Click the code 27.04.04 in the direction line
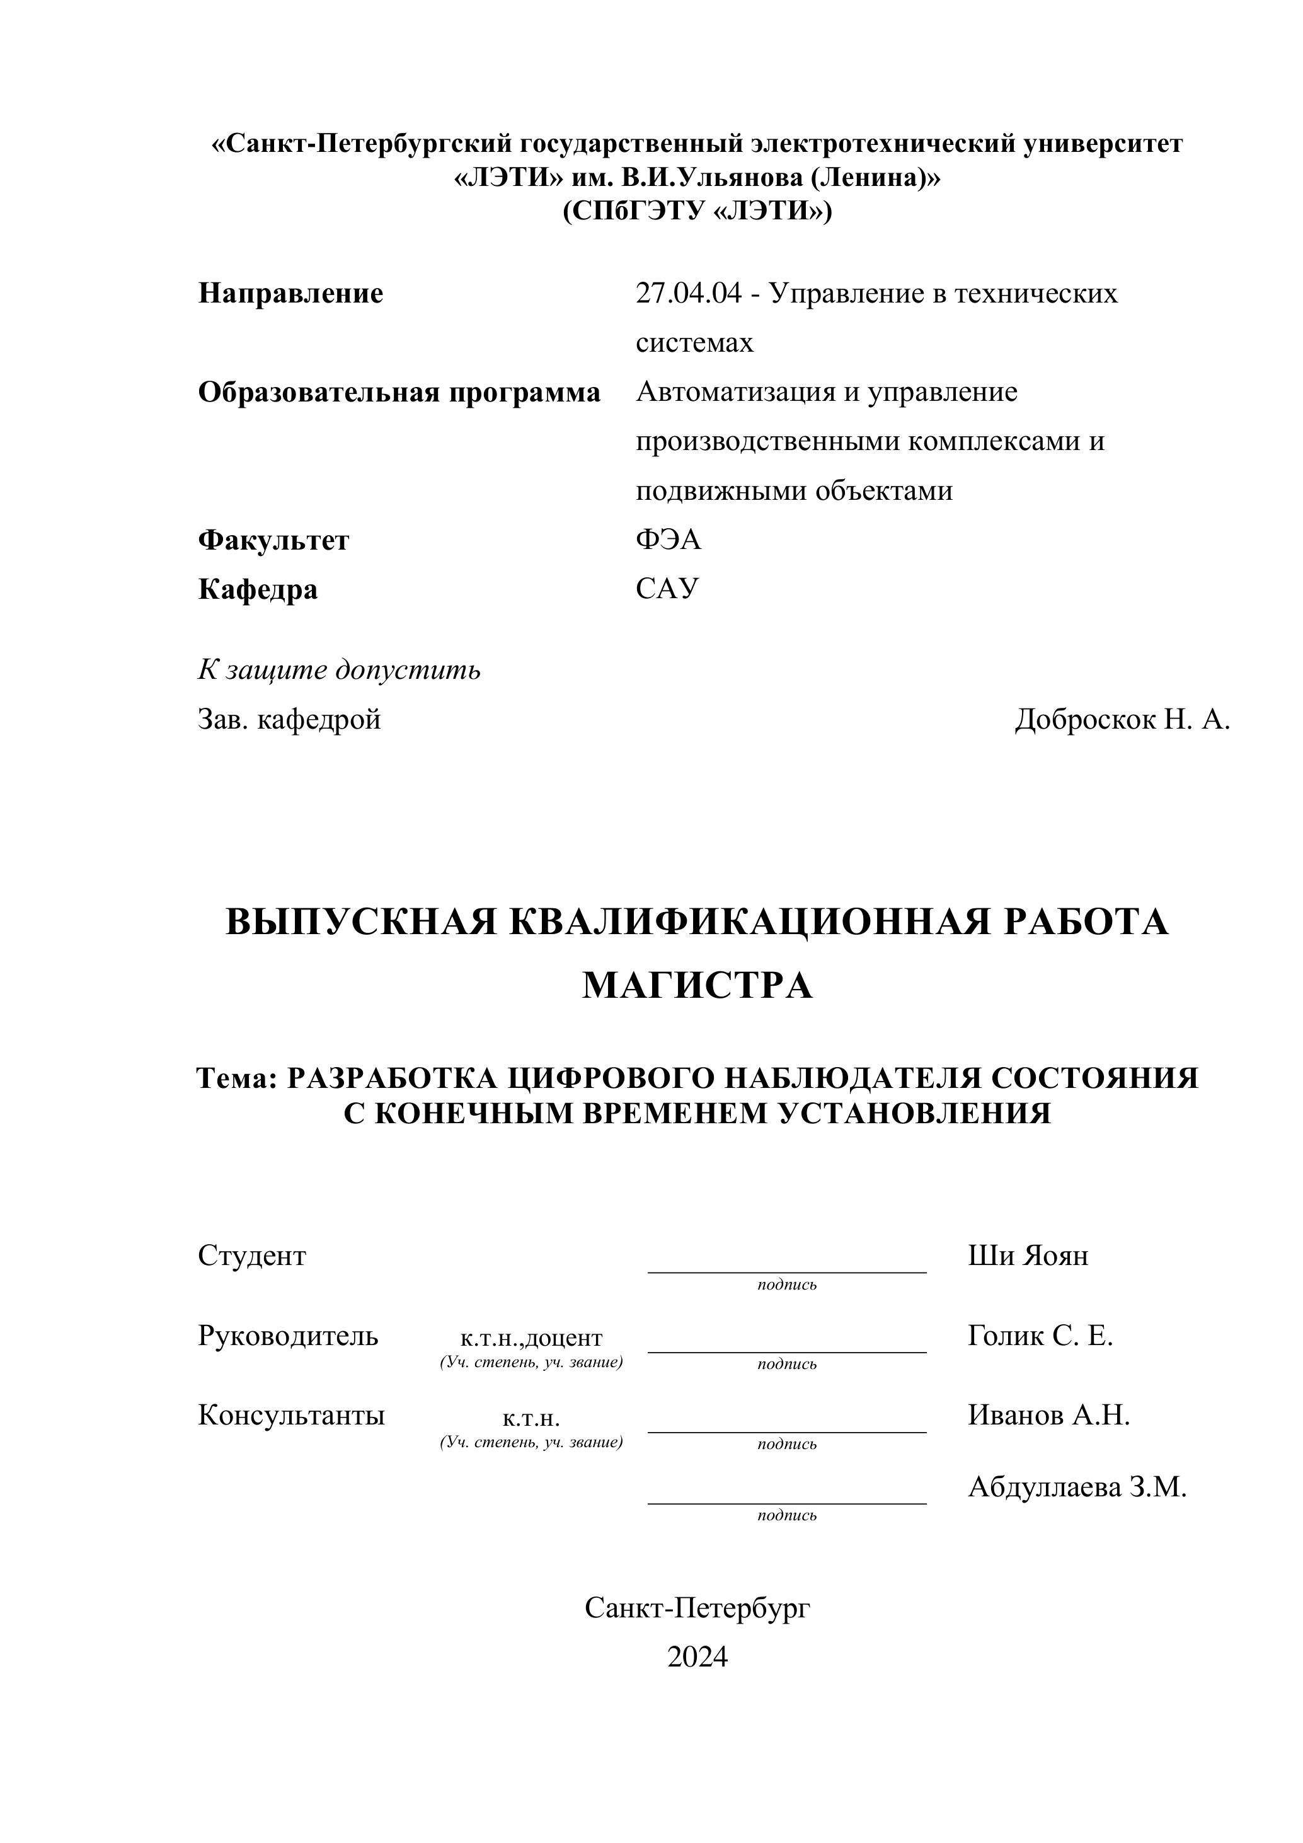689,294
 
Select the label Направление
290,294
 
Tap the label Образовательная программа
399,393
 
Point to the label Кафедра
258,589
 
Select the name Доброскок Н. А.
1122,719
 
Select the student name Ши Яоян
1028,1256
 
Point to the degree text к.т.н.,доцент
531,1338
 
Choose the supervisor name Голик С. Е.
1040,1336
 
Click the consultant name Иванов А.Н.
1048,1415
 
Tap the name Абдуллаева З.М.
1077,1488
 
